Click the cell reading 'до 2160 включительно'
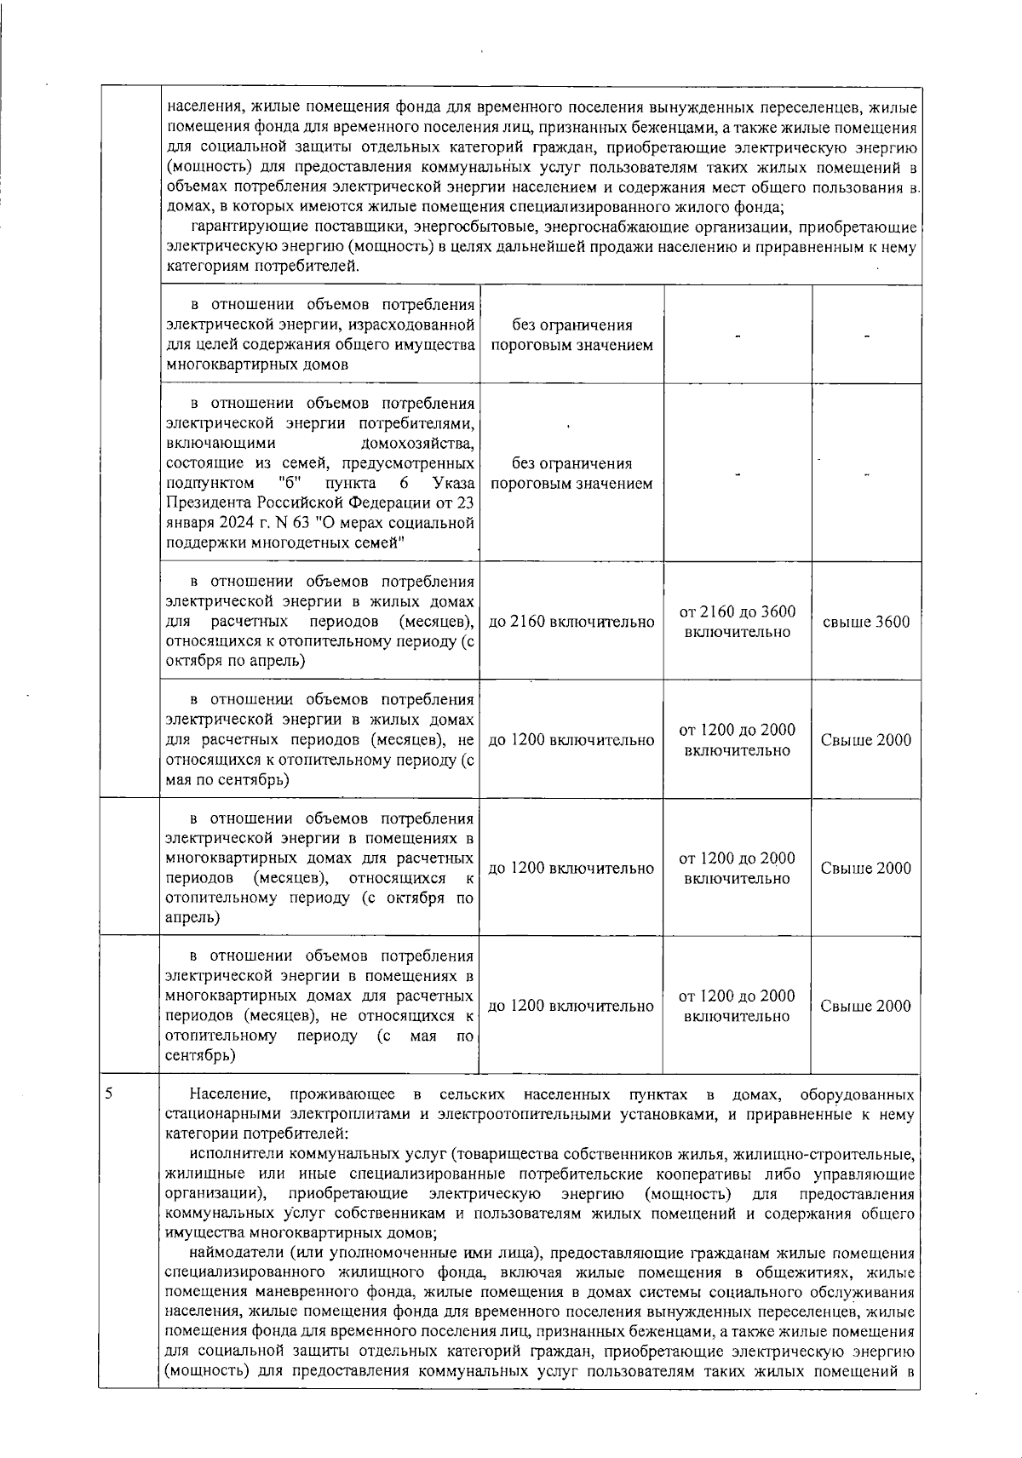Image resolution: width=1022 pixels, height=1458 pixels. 571,622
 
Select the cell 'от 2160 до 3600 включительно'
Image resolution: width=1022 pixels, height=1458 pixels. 738,622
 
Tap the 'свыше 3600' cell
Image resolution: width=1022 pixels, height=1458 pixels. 865,622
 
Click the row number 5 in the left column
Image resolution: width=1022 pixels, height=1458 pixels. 109,1093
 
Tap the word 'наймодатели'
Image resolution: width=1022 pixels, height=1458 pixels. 233,1253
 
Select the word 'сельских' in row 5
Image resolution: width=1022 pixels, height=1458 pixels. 473,1094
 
